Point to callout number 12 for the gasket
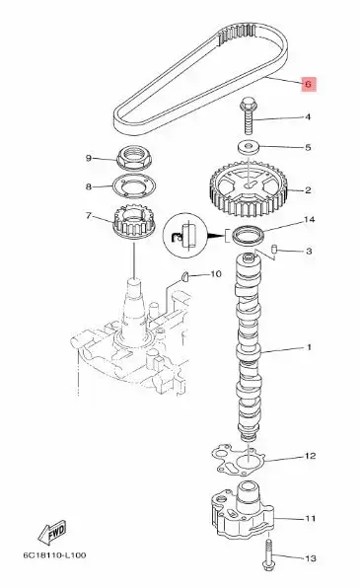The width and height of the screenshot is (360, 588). pyautogui.click(x=309, y=456)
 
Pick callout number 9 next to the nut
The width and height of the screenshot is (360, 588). pyautogui.click(x=89, y=158)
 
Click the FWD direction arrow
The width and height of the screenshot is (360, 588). pyautogui.click(x=52, y=535)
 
